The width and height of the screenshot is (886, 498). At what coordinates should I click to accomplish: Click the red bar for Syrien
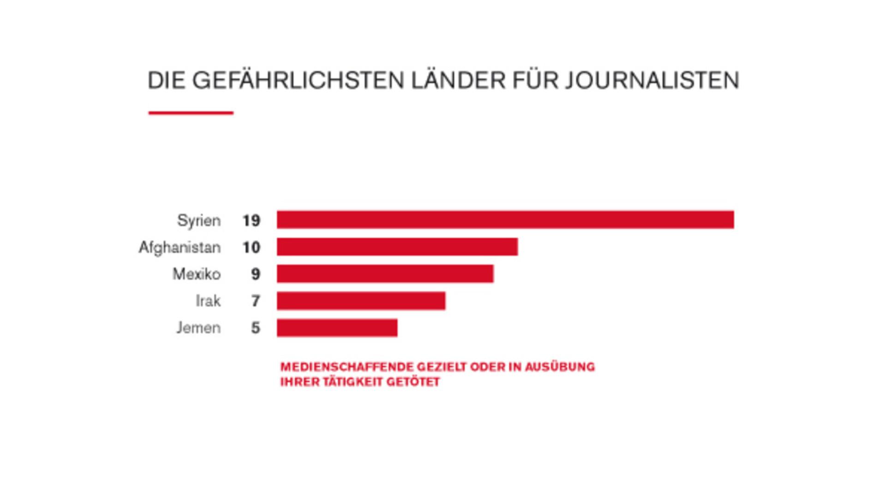505,219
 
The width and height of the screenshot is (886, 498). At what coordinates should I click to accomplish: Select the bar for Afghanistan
397,247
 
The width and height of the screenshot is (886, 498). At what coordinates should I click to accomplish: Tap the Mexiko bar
385,273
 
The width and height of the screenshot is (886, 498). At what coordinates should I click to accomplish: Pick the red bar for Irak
361,301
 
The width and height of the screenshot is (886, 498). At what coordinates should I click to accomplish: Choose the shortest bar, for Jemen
337,328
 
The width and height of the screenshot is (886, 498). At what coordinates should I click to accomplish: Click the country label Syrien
199,220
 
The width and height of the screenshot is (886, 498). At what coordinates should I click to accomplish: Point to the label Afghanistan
180,248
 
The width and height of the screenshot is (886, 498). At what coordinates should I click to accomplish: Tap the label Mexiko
197,274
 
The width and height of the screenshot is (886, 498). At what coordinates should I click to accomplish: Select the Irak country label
208,301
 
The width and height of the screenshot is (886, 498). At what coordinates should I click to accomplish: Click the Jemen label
198,328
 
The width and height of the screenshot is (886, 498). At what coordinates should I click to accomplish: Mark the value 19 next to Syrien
251,220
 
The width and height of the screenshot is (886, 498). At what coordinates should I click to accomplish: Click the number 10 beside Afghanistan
251,248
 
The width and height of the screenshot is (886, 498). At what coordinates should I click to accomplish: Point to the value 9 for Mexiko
256,274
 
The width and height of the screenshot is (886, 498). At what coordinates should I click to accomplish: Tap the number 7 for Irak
256,301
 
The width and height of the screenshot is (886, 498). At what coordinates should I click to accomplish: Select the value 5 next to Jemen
256,328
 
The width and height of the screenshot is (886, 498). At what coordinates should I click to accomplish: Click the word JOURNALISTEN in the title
652,80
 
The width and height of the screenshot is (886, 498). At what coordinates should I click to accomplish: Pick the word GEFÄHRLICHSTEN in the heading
298,80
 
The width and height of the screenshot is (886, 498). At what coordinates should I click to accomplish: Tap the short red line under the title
191,113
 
